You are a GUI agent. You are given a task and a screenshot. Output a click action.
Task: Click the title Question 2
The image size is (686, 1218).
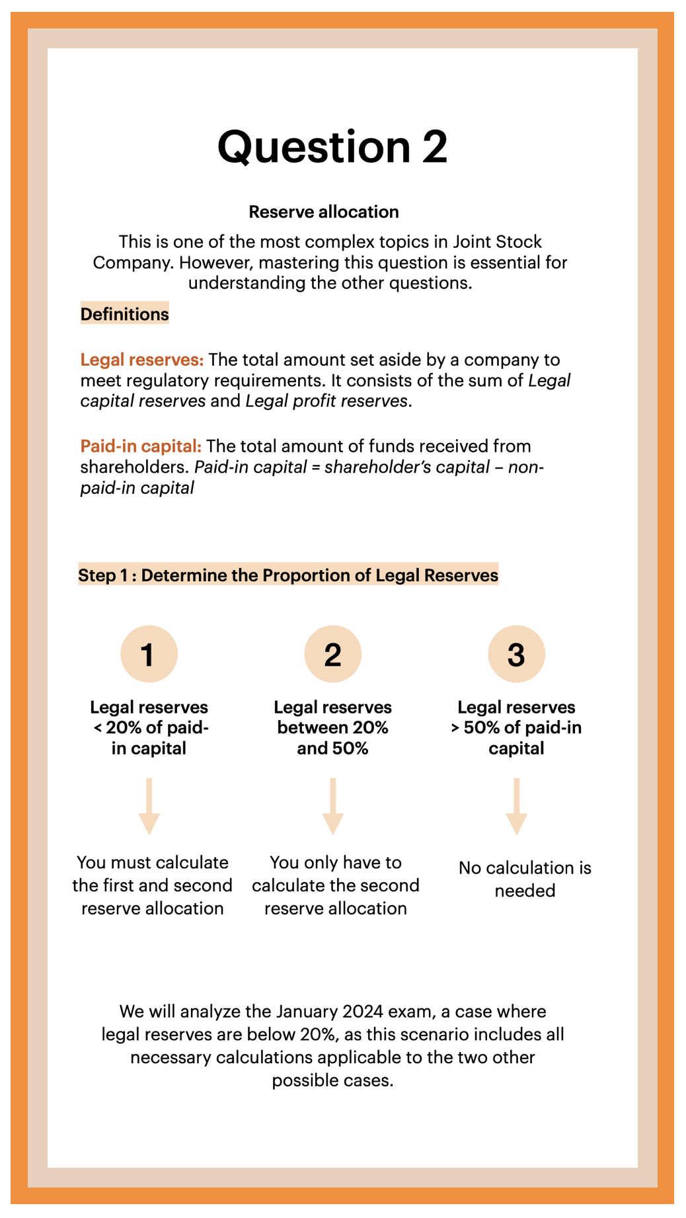(332, 147)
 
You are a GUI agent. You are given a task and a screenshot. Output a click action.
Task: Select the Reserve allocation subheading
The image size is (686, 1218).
(323, 212)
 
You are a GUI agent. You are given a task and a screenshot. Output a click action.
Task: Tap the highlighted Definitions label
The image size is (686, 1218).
(124, 314)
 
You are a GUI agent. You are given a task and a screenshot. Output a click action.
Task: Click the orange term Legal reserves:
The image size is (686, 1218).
(141, 360)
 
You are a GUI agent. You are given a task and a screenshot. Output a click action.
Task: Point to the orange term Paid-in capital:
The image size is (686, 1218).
(141, 446)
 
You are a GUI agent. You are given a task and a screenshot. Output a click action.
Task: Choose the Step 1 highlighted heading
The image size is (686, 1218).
(288, 575)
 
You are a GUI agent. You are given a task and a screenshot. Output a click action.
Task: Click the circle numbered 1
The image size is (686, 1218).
(149, 654)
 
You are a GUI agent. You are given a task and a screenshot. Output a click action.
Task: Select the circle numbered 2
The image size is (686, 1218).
(332, 654)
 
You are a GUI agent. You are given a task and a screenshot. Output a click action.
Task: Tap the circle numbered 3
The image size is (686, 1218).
(516, 654)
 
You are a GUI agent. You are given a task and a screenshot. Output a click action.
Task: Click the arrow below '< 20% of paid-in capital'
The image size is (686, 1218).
(149, 806)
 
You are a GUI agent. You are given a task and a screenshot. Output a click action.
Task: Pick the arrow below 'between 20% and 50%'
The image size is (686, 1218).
(332, 806)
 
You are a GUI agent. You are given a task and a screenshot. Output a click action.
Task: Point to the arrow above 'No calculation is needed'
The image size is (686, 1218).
(516, 806)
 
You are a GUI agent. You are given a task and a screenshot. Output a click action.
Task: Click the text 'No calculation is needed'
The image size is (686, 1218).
(525, 879)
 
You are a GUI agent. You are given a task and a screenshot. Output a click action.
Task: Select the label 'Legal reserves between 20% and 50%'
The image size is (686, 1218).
(332, 727)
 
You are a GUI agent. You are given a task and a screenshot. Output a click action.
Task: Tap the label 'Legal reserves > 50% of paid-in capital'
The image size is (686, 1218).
(516, 727)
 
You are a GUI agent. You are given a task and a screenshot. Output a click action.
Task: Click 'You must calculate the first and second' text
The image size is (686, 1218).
(152, 873)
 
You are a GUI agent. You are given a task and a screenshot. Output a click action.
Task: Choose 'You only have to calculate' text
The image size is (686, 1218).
(335, 873)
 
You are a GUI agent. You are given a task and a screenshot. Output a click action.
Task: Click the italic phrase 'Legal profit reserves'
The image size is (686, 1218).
(326, 401)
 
